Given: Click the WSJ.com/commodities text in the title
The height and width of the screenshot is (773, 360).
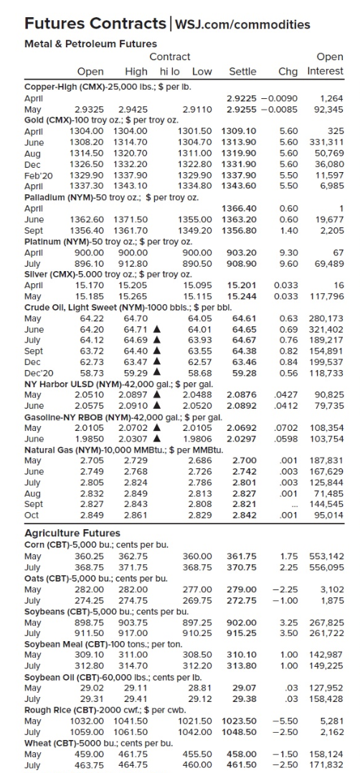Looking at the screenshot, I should coord(243,24).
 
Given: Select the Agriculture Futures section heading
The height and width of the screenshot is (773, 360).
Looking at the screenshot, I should coord(72,533).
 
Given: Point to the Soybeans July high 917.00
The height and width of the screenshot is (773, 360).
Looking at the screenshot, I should coord(134,633).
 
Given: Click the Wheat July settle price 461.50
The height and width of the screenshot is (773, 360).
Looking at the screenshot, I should coord(242,765).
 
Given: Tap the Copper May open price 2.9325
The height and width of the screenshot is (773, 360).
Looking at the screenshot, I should coord(89,109).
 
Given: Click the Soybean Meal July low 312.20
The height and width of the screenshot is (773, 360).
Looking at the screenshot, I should coord(197,666).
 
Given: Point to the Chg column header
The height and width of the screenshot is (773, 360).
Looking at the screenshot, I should coord(288,71).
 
